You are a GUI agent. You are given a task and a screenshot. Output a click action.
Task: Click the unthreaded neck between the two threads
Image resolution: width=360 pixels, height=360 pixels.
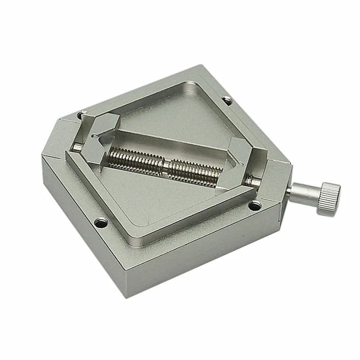point(165,166)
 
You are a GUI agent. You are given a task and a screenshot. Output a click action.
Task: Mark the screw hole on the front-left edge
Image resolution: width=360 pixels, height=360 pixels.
point(99,222)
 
